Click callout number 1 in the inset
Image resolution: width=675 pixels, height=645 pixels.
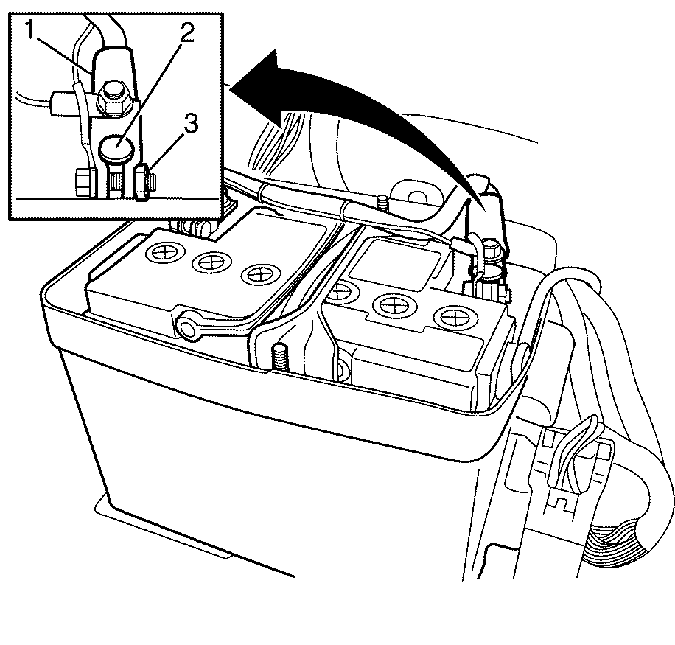(x=29, y=30)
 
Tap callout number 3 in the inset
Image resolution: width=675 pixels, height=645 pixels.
(x=190, y=125)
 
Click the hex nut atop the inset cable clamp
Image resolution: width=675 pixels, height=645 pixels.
(x=113, y=98)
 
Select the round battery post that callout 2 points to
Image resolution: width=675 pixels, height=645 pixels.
(x=116, y=147)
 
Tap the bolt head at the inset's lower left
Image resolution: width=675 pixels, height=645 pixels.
(x=83, y=184)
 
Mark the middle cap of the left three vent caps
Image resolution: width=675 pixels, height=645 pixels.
(x=211, y=262)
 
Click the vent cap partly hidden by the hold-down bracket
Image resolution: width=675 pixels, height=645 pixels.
(x=344, y=292)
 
